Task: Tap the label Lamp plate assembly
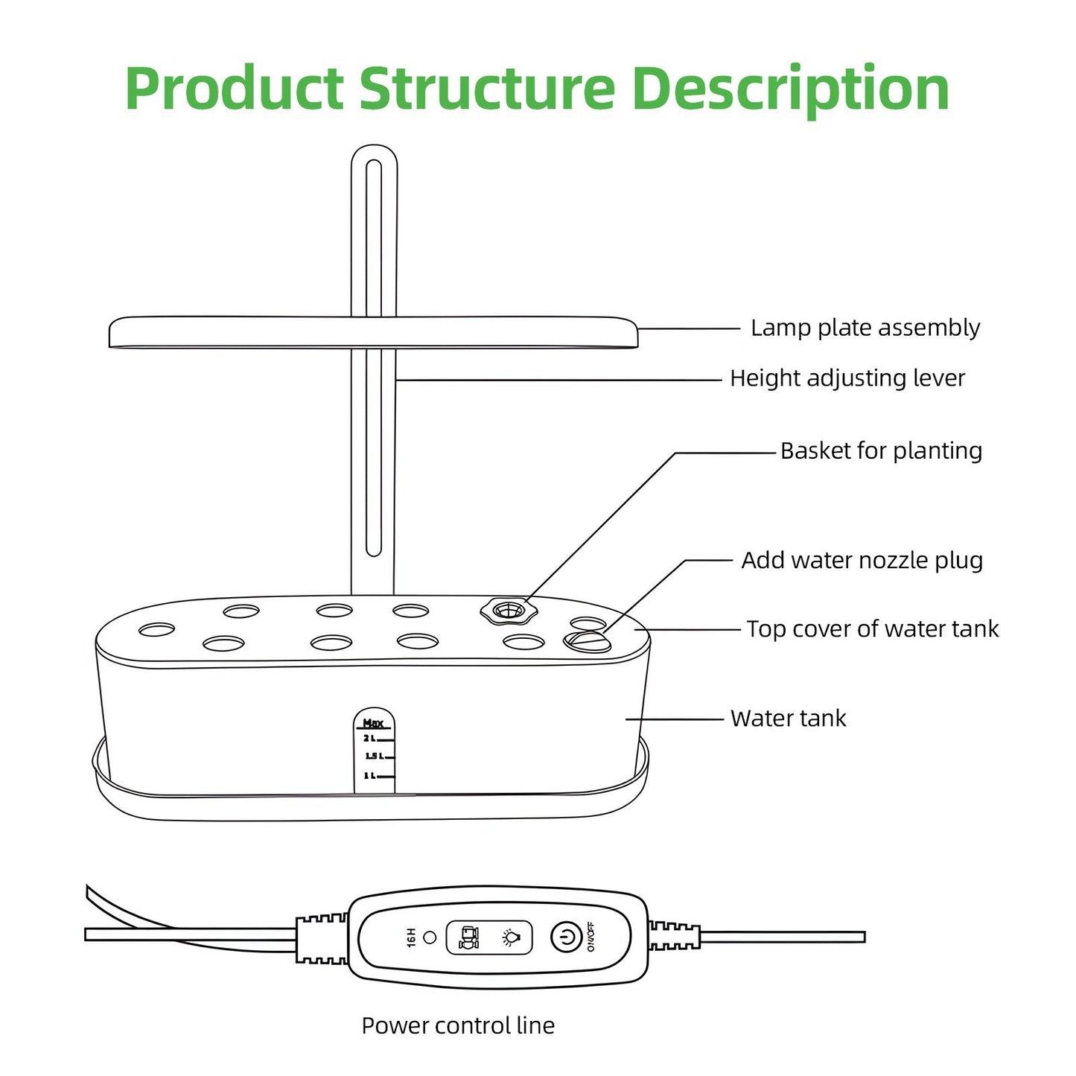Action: (x=865, y=328)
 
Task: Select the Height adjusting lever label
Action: (x=847, y=378)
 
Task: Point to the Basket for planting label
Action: (x=881, y=451)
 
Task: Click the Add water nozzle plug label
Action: (x=862, y=560)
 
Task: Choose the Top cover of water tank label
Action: (x=872, y=629)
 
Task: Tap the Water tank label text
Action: (x=788, y=719)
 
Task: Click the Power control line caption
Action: (x=458, y=1025)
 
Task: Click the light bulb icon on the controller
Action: (x=510, y=937)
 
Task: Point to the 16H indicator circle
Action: (x=430, y=937)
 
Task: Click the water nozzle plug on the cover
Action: (x=587, y=640)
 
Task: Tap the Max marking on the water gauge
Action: (x=372, y=723)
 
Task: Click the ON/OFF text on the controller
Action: (x=590, y=937)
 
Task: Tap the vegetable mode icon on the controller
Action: (x=469, y=937)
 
